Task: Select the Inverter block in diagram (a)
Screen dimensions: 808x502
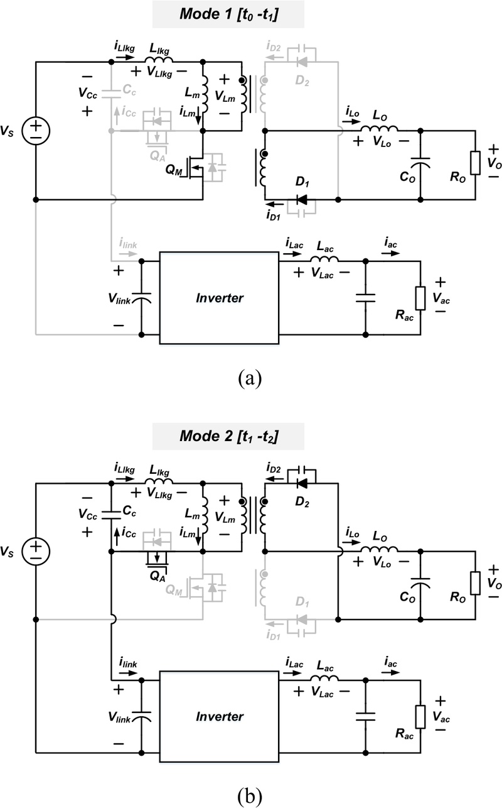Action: (x=219, y=298)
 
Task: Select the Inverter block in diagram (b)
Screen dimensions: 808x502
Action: (x=219, y=716)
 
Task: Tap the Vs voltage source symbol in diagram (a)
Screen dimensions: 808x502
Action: (x=36, y=131)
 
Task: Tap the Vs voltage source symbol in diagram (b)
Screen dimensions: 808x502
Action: (x=36, y=551)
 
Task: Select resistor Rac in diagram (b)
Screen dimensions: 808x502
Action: (x=420, y=717)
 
